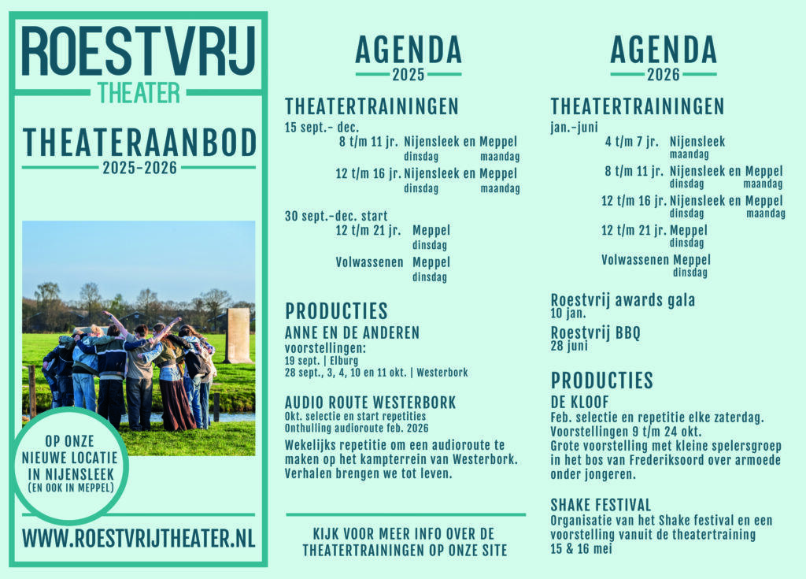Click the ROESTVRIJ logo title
[139, 50]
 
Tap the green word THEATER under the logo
[139, 93]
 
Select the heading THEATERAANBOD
[139, 143]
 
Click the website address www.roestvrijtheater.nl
[139, 538]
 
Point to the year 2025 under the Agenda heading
[409, 75]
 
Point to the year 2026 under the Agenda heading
[664, 75]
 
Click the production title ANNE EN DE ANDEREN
[352, 332]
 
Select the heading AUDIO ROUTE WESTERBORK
[370, 402]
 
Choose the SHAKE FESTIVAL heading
[601, 504]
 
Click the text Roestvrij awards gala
[623, 300]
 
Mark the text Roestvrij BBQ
[595, 332]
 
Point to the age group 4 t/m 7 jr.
[632, 142]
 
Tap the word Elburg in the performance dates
[344, 360]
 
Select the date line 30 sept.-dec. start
[336, 216]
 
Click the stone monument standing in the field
[238, 335]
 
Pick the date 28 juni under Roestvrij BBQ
[569, 346]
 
